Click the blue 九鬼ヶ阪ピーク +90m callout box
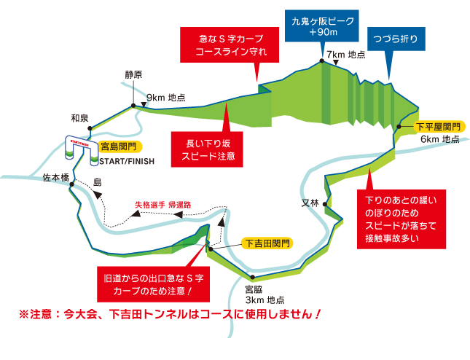tap(321, 25)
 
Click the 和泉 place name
tap(79, 117)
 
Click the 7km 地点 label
tap(345, 55)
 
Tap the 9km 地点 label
tap(166, 97)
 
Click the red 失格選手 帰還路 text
tap(162, 205)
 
